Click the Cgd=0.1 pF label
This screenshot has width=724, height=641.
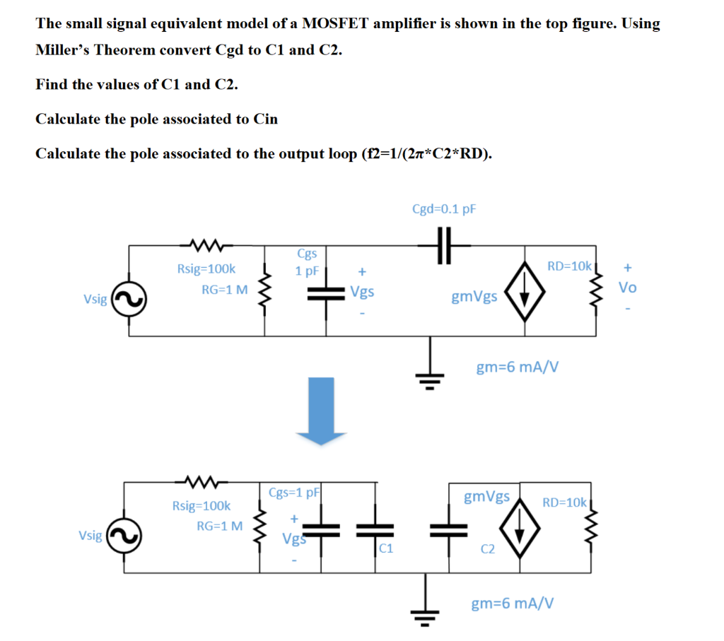(444, 209)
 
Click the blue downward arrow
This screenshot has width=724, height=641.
(322, 410)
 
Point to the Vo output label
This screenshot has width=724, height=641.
(627, 288)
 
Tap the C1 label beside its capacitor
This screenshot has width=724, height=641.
(386, 548)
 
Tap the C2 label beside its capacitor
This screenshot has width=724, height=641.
(487, 548)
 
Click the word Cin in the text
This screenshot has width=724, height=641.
(265, 119)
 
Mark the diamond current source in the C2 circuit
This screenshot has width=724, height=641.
(520, 528)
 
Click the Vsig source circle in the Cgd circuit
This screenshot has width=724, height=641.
(128, 299)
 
